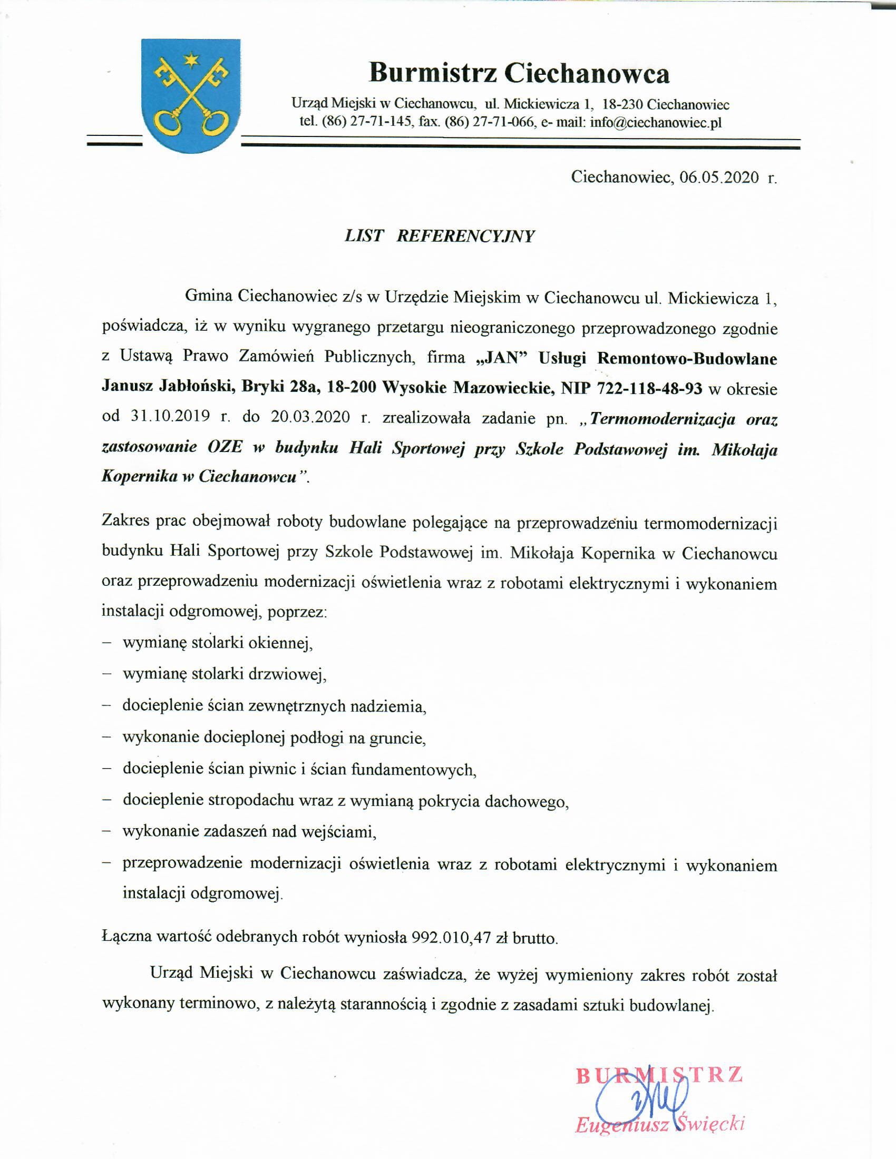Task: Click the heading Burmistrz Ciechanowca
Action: click(519, 73)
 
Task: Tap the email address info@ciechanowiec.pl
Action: click(656, 123)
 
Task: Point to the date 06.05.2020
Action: click(719, 177)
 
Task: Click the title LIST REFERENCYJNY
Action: click(440, 236)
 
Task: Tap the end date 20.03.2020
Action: click(310, 417)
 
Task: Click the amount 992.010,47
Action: click(451, 938)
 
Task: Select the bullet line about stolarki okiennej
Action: click(218, 643)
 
